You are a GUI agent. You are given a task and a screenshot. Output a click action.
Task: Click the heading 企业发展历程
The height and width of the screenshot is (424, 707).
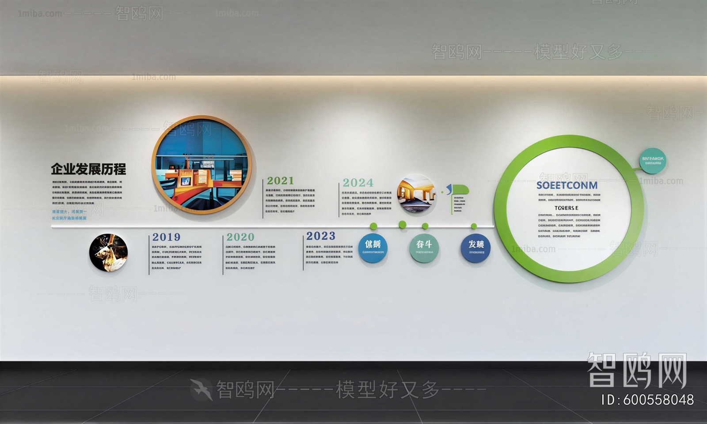[88, 169]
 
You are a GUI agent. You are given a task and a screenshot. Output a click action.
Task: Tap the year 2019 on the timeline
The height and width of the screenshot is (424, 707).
[166, 237]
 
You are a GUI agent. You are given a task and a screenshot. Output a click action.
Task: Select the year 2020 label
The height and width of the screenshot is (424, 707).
[240, 237]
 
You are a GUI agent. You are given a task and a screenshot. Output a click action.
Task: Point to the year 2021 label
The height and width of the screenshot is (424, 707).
[280, 181]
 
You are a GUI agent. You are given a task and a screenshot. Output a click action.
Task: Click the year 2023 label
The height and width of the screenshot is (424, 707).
[321, 236]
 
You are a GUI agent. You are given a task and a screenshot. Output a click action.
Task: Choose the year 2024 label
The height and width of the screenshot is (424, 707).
[358, 183]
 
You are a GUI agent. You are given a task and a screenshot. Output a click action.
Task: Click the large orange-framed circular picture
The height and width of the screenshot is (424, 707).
[201, 165]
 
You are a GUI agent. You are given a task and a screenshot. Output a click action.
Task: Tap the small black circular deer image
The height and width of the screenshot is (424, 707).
[108, 253]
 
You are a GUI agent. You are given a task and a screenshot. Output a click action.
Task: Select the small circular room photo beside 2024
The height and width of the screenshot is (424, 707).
[416, 194]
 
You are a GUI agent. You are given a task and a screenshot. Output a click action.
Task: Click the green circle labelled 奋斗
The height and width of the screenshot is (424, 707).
[424, 247]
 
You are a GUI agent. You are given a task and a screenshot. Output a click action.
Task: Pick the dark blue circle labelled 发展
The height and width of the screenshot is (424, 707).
[475, 248]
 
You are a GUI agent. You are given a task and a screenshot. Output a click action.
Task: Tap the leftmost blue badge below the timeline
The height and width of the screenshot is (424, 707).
[373, 247]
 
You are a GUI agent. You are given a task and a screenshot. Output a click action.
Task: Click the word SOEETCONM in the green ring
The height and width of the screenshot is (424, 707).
[567, 185]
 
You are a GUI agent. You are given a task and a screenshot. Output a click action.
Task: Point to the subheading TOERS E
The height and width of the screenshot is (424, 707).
[566, 208]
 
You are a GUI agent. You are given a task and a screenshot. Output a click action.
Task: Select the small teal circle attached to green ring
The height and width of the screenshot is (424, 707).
[653, 160]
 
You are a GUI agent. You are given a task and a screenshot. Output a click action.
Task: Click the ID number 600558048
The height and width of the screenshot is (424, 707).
[658, 400]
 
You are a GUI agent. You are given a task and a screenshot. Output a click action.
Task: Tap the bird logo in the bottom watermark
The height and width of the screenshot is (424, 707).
[201, 389]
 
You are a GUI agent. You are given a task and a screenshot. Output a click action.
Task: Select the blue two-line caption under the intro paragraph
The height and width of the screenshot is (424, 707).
[69, 215]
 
